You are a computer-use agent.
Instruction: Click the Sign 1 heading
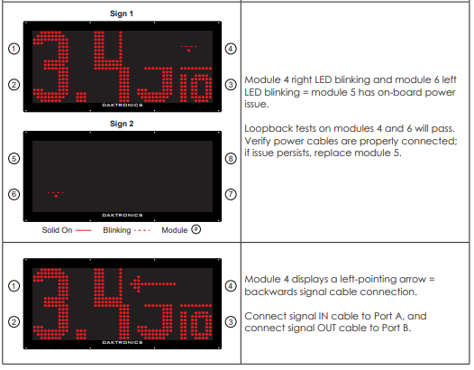(122, 14)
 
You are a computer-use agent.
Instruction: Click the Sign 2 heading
(122, 124)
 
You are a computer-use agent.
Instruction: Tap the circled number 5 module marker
(14, 158)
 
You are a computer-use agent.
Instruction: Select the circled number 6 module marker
(14, 194)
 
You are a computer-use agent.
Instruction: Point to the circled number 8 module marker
(231, 158)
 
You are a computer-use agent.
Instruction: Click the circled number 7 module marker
(231, 194)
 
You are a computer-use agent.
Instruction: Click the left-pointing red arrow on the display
(152, 284)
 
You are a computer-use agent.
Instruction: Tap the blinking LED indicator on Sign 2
(56, 194)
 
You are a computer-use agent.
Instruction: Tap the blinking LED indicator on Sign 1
(188, 49)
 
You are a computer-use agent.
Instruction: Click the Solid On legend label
(57, 230)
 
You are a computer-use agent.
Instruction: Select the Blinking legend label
(117, 230)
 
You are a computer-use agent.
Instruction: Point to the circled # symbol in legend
(196, 229)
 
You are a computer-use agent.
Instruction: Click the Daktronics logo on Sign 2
(123, 215)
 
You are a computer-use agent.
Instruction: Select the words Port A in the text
(388, 316)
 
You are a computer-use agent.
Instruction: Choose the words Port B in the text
(396, 328)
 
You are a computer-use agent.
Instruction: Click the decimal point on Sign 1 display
(81, 97)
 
